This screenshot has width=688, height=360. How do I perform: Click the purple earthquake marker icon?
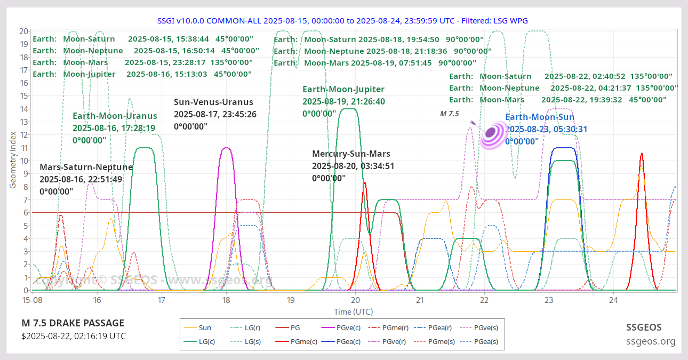tap(493, 135)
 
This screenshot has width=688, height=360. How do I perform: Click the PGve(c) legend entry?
tap(341, 328)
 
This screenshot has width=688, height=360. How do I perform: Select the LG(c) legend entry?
tap(199, 341)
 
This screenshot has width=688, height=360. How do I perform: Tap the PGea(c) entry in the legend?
tap(341, 341)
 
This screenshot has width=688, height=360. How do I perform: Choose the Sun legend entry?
tap(197, 328)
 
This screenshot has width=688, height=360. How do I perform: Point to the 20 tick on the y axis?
tap(23, 31)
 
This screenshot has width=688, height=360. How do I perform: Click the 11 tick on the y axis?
tap(24, 148)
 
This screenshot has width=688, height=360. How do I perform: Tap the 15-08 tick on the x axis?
tap(32, 300)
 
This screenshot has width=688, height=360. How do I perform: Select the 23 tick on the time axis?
tap(549, 300)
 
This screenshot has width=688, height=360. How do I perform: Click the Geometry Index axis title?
tap(13, 160)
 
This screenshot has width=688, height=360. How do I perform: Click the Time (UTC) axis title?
tap(354, 312)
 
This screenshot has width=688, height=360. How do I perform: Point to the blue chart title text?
tap(342, 21)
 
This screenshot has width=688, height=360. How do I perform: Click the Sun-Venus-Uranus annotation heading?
tap(213, 102)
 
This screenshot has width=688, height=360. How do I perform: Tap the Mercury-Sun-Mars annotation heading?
tap(351, 154)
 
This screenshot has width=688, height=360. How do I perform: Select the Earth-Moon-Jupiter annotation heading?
tap(343, 89)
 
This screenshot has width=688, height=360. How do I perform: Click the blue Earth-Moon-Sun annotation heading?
tap(540, 117)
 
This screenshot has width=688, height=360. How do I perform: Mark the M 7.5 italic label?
tap(450, 114)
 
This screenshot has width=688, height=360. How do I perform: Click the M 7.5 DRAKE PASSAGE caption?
tap(73, 323)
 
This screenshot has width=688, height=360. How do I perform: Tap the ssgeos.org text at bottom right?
tap(651, 341)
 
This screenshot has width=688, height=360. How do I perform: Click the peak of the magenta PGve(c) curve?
tap(226, 148)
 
